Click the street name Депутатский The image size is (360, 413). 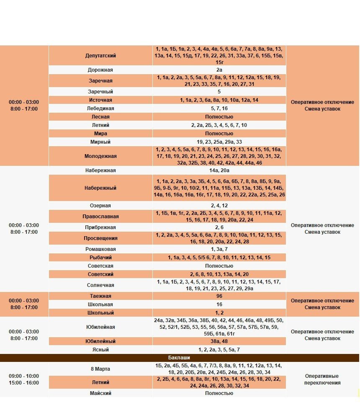coord(100,55)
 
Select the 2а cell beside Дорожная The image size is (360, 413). coord(219,70)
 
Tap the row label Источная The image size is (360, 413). coord(100,100)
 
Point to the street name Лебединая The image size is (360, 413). coord(100,108)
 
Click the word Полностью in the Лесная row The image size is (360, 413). coord(219,117)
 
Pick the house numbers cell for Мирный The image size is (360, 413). coord(219,142)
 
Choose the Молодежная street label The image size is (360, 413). coord(100,156)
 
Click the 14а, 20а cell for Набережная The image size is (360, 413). coord(219,170)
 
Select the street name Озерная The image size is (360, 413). coord(100,206)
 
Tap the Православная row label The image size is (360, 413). coord(100,217)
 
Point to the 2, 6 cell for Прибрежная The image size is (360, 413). coord(219,227)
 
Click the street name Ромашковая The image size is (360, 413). coord(100,249)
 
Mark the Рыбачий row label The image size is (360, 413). coord(100,258)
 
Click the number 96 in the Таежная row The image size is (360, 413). coord(219,296)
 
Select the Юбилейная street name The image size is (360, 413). coord(100,327)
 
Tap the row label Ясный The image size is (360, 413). coord(100,350)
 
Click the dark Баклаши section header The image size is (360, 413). coord(179,358)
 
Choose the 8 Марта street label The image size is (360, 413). coord(100,369)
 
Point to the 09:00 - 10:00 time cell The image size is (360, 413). coord(23,376)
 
